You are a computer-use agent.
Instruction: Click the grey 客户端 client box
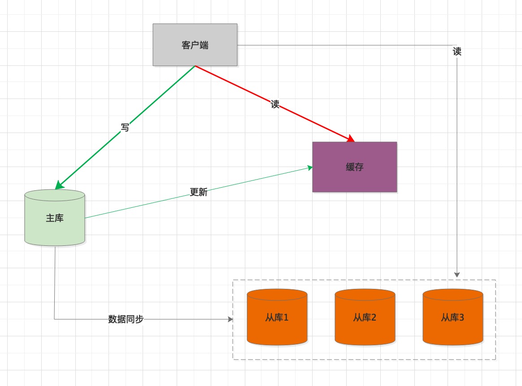(x=195, y=44)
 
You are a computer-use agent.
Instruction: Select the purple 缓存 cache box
(x=355, y=167)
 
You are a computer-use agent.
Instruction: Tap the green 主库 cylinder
(x=55, y=218)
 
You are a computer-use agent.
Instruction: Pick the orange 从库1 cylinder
(x=277, y=317)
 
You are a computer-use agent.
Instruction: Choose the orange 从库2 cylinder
(x=365, y=317)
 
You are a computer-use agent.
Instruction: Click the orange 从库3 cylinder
(x=453, y=317)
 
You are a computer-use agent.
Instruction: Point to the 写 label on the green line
(x=125, y=127)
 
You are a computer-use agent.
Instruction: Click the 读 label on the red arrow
(x=275, y=104)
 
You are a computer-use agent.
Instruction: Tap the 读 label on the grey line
(x=457, y=51)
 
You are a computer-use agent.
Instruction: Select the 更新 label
(x=198, y=192)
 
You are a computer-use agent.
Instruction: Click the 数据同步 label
(x=126, y=319)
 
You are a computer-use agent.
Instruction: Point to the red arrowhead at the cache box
(x=351, y=138)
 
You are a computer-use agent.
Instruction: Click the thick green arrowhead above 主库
(x=59, y=185)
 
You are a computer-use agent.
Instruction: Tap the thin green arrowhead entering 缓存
(x=310, y=168)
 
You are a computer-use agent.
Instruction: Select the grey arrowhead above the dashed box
(x=457, y=274)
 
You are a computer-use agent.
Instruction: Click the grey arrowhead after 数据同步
(x=231, y=319)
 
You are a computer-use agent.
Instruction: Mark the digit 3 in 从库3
(x=461, y=317)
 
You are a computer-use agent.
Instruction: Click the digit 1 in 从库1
(x=286, y=317)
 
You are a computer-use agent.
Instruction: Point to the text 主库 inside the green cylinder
(x=55, y=218)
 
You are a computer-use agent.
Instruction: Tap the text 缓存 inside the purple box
(x=355, y=167)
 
